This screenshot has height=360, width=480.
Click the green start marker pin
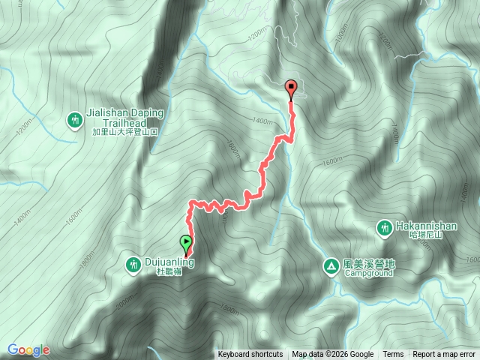click(x=186, y=244)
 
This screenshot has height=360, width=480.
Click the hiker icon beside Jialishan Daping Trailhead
click(x=74, y=119)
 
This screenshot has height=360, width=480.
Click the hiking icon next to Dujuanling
click(x=133, y=263)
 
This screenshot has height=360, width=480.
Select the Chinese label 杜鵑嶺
click(x=169, y=273)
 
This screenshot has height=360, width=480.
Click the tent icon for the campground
click(x=331, y=265)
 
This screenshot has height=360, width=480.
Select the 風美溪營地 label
click(x=368, y=264)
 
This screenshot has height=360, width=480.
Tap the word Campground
click(x=368, y=274)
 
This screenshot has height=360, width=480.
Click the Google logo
click(x=28, y=349)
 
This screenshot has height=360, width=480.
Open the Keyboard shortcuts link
click(x=250, y=355)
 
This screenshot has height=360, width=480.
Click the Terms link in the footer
click(x=393, y=355)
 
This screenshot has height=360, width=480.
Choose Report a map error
click(x=444, y=355)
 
